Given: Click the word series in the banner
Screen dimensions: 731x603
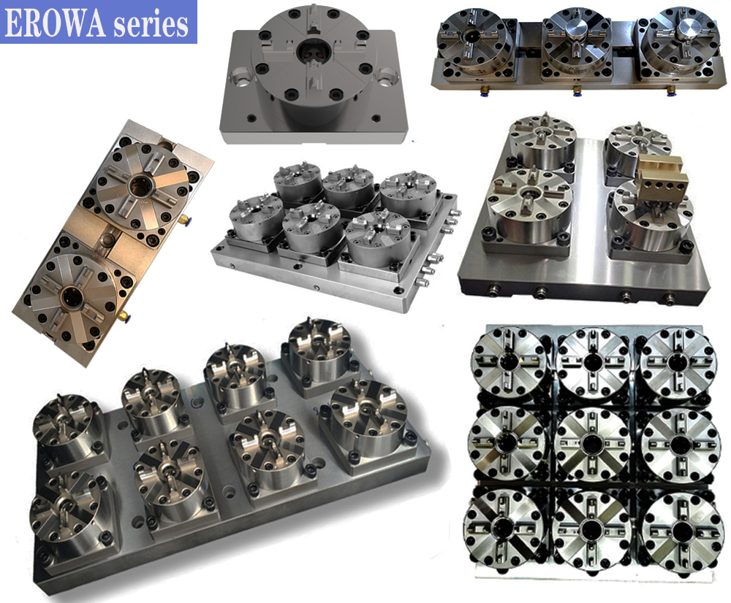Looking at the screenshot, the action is [x=151, y=24].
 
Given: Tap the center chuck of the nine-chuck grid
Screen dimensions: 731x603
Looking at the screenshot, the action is [x=593, y=444].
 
